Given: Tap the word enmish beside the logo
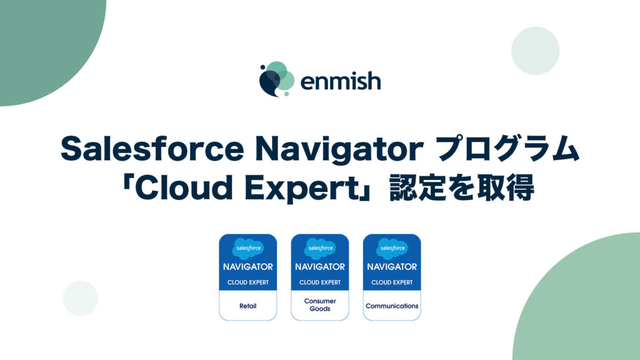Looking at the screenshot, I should click(x=340, y=81).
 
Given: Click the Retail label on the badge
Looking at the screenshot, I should click(x=248, y=306).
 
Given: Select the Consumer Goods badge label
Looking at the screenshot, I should click(x=320, y=305).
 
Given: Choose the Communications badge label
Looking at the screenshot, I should click(x=392, y=306).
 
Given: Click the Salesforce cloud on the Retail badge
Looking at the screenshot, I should click(x=248, y=248).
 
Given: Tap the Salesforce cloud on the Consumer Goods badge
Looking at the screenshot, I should click(x=320, y=248).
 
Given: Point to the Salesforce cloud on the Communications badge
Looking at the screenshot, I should click(x=392, y=248).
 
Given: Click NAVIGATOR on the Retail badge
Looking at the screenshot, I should click(x=248, y=267).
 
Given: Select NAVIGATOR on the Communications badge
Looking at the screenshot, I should click(x=392, y=267).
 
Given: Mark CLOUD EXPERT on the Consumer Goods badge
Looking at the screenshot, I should click(x=320, y=282).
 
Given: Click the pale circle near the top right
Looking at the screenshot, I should click(x=535, y=51).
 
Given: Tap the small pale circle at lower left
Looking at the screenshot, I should click(x=80, y=298).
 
